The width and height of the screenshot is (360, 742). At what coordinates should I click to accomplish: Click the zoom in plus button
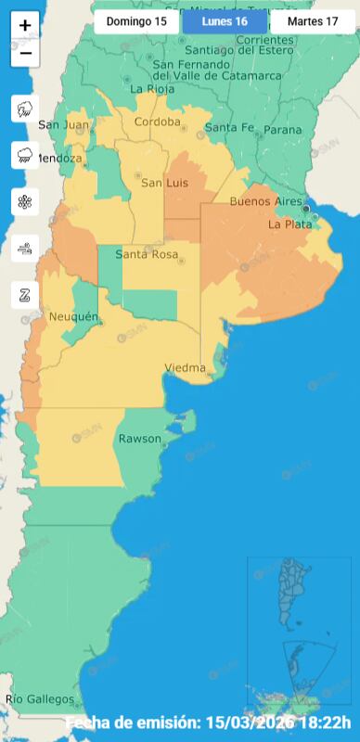pyautogui.click(x=25, y=26)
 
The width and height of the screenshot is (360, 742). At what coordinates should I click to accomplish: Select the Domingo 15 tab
pyautogui.click(x=136, y=20)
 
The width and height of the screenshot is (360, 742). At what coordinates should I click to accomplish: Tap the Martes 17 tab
pyautogui.click(x=313, y=20)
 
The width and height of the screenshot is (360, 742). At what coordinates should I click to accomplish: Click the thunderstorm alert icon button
pyautogui.click(x=25, y=109)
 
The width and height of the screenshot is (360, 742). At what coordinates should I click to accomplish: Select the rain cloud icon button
pyautogui.click(x=25, y=155)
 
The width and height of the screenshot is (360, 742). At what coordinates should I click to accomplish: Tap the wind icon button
pyautogui.click(x=25, y=248)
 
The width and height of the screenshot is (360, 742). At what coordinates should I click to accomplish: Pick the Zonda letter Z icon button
pyautogui.click(x=25, y=296)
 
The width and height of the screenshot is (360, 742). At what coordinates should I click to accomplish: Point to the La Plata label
pyautogui.click(x=287, y=224)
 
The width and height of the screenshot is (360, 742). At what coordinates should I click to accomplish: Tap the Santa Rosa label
pyautogui.click(x=147, y=254)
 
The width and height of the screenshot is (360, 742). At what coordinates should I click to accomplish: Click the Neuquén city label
pyautogui.click(x=73, y=317)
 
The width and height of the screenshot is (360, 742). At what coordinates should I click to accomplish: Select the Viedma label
pyautogui.click(x=185, y=368)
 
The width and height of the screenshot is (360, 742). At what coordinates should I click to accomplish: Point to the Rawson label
pyautogui.click(x=139, y=439)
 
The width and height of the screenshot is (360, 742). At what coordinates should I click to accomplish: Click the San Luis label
pyautogui.click(x=163, y=183)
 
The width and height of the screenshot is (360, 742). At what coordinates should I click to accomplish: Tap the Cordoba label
pyautogui.click(x=157, y=122)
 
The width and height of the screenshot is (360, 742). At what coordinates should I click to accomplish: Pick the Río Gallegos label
pyautogui.click(x=40, y=698)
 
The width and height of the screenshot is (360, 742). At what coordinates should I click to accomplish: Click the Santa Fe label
pyautogui.click(x=229, y=127)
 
